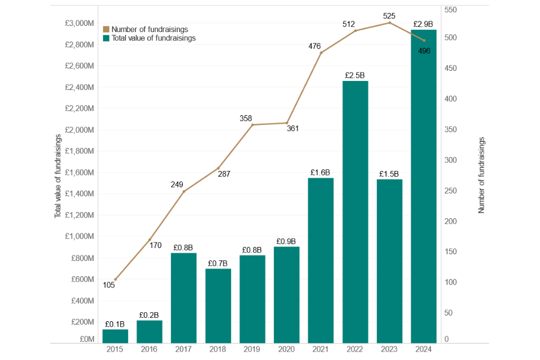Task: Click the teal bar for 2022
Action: pyautogui.click(x=355, y=211)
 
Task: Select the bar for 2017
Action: pyautogui.click(x=184, y=298)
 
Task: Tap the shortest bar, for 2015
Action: pyautogui.click(x=115, y=336)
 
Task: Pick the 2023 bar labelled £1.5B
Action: pyautogui.click(x=390, y=260)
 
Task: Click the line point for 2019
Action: pyautogui.click(x=253, y=124)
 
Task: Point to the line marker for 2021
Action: pyautogui.click(x=321, y=53)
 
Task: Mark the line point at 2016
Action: pyautogui.click(x=150, y=240)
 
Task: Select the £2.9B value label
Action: pyautogui.click(x=424, y=24)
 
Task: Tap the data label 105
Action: pyautogui.click(x=109, y=285)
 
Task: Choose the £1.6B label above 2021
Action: pyautogui.click(x=321, y=172)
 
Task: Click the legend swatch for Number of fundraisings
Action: pyautogui.click(x=106, y=29)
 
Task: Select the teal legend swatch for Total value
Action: pyautogui.click(x=106, y=38)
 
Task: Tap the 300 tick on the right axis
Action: pyautogui.click(x=450, y=160)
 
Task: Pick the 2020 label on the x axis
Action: pyautogui.click(x=287, y=349)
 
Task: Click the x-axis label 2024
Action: pyautogui.click(x=424, y=349)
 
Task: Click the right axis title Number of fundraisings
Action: pyautogui.click(x=481, y=175)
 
